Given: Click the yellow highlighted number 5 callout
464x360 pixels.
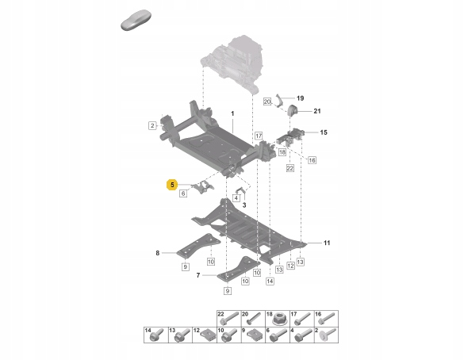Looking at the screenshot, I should pyautogui.click(x=171, y=184).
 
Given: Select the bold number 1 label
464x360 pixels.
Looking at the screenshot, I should pyautogui.click(x=232, y=114).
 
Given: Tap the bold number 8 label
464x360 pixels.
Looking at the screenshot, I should pyautogui.click(x=158, y=253).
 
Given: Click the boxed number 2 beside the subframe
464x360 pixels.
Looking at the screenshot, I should pyautogui.click(x=151, y=125).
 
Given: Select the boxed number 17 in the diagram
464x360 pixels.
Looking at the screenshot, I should pyautogui.click(x=258, y=136).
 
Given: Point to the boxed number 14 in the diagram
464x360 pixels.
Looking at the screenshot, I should pyautogui.click(x=270, y=280).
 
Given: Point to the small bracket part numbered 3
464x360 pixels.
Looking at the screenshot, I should pyautogui.click(x=240, y=193).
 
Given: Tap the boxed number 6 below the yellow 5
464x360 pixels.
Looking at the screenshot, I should pyautogui.click(x=182, y=193).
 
